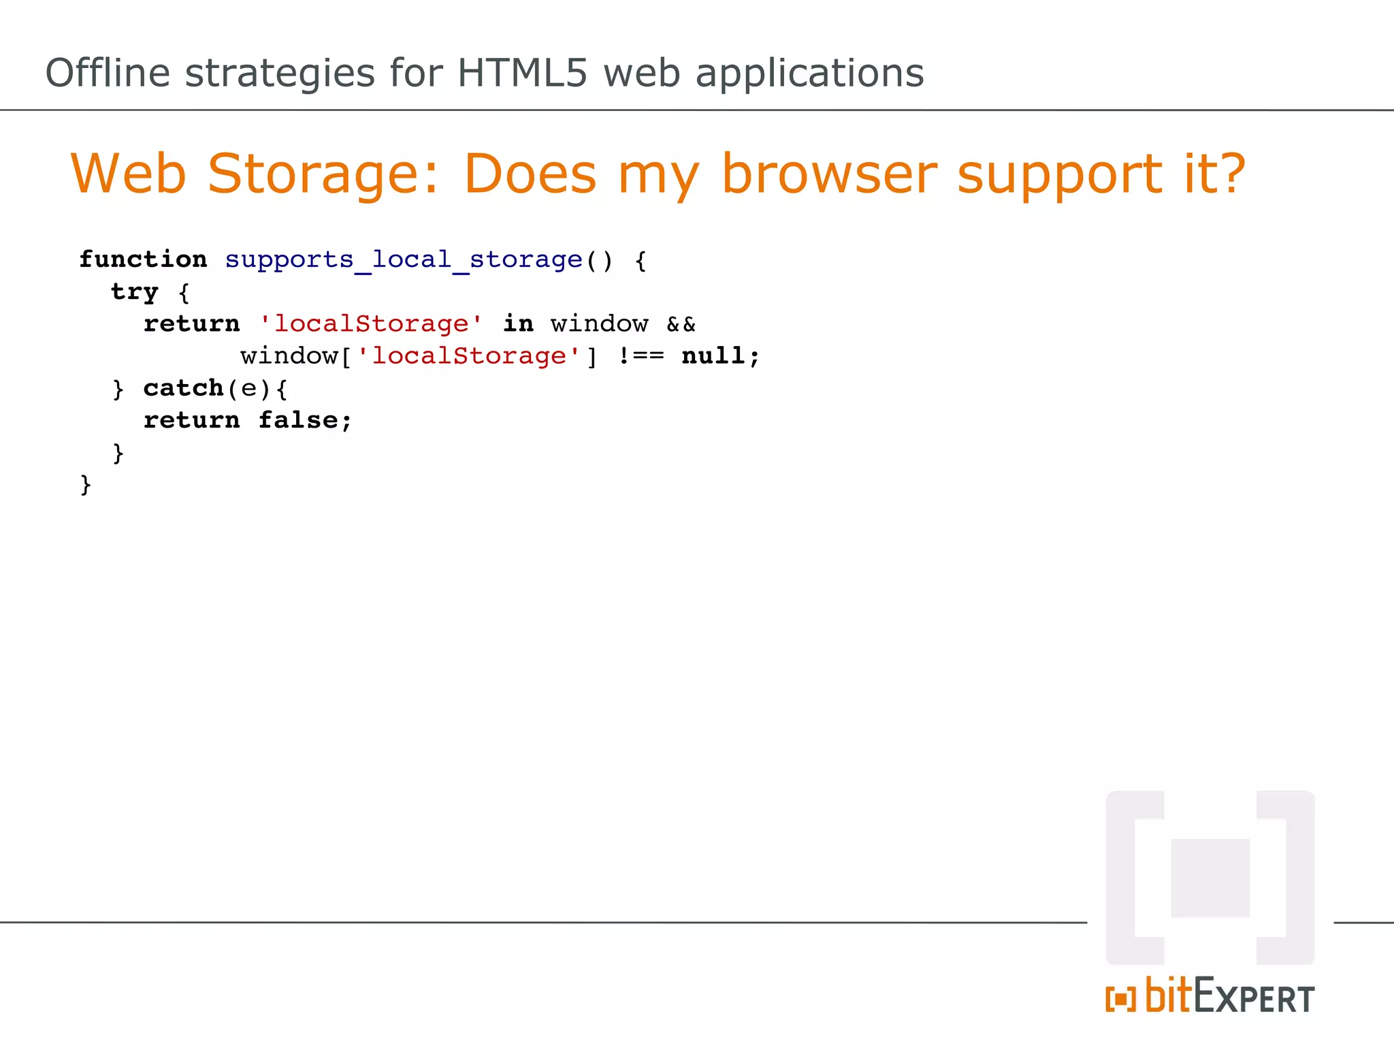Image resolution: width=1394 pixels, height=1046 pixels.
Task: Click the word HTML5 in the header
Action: point(521,73)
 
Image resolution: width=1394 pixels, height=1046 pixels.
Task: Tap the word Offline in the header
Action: point(107,73)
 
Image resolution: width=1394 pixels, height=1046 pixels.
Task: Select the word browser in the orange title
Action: point(829,174)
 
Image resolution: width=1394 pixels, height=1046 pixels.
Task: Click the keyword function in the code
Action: point(143,259)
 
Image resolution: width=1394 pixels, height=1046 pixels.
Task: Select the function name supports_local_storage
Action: point(404,260)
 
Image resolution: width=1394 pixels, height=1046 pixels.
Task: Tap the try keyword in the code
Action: point(134,292)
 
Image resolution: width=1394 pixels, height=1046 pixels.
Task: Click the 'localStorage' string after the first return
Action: point(371,324)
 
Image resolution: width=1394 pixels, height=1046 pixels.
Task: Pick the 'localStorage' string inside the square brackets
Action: point(468,356)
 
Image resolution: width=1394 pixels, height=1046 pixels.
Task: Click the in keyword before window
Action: point(518,324)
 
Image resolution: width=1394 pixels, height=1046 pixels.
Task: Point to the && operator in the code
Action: point(681,324)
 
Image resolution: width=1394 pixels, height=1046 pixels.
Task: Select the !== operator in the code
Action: point(641,356)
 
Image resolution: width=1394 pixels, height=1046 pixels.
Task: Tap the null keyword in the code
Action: point(713,356)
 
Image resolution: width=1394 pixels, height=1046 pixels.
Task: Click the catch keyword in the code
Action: point(183,388)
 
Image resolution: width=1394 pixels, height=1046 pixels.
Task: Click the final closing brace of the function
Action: point(85,485)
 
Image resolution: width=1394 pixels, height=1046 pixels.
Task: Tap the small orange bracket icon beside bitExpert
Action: point(1120,999)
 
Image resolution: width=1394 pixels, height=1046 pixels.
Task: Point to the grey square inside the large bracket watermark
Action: point(1210,878)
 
